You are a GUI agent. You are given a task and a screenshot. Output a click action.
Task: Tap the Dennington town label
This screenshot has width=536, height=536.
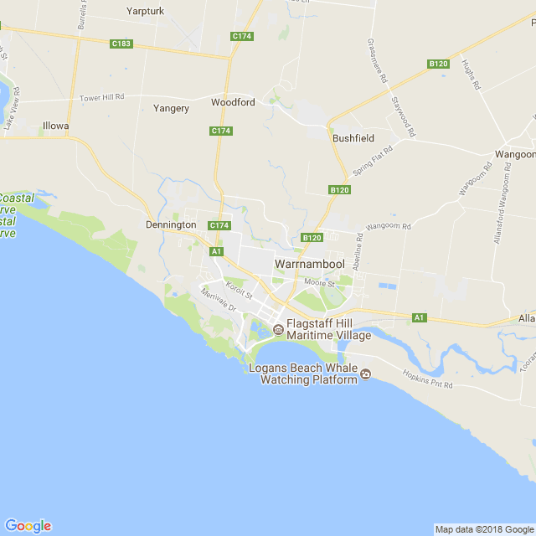tap(170, 224)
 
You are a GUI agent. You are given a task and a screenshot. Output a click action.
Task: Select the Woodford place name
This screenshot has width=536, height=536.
tap(232, 102)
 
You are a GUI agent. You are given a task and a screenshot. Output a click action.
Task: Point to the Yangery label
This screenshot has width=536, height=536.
tap(171, 108)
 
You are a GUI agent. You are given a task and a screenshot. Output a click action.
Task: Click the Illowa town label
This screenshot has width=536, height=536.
tap(55, 126)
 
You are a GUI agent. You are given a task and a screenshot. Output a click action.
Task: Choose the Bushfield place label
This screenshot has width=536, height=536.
tap(353, 137)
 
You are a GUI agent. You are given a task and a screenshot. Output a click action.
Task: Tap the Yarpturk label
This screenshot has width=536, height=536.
tap(146, 11)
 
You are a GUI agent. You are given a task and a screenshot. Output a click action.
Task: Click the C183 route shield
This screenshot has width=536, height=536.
tap(121, 44)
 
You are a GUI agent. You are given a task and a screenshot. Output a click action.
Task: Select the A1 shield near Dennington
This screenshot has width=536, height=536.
tap(216, 251)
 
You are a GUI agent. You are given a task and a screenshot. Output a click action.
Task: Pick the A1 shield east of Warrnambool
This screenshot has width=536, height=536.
tap(420, 317)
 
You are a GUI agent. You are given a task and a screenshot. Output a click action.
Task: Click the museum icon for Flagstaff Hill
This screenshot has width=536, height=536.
tap(278, 329)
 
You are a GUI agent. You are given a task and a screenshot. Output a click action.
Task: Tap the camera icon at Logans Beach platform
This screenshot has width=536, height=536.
tap(365, 374)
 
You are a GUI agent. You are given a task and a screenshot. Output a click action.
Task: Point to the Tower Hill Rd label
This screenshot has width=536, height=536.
tap(101, 98)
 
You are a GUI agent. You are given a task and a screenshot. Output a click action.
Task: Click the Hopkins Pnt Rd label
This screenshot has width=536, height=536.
tap(427, 379)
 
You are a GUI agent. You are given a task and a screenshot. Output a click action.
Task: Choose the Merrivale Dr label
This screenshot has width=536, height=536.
tap(219, 301)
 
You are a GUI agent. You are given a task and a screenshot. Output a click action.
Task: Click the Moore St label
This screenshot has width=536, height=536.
tap(319, 284)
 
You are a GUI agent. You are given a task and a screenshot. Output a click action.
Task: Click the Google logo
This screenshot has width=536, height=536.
tap(28, 525)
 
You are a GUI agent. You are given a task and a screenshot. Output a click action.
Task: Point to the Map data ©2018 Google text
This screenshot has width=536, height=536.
tap(484, 529)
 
